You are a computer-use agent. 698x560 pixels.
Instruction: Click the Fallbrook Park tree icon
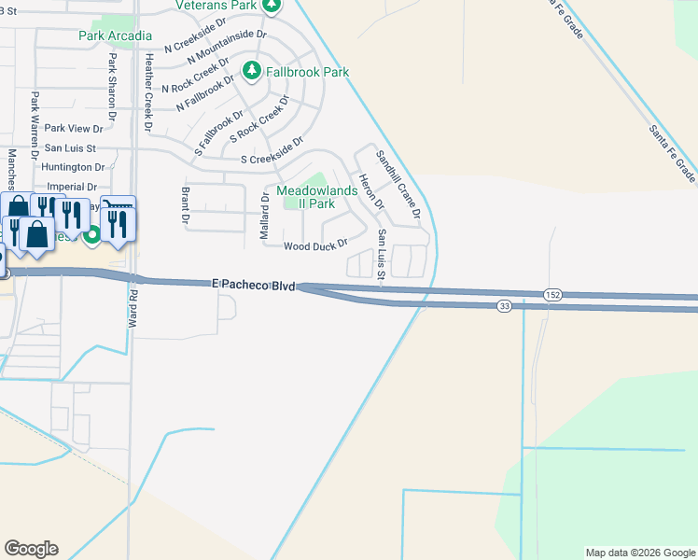point(251,71)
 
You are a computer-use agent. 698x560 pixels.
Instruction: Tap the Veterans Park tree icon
point(272,6)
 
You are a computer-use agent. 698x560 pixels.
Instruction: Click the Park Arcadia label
point(116,35)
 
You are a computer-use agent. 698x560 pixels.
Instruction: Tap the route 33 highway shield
point(504,306)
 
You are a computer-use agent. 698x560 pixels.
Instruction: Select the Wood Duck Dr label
point(315,245)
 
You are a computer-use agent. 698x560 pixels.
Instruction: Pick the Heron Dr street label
point(371,189)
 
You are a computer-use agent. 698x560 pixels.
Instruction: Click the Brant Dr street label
point(185,204)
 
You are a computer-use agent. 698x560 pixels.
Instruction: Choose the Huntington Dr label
point(75,167)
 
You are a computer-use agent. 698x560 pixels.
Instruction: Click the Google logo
point(31,549)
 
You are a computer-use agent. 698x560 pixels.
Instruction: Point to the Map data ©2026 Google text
point(639,553)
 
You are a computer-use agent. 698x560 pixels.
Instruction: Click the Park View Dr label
point(74,128)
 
